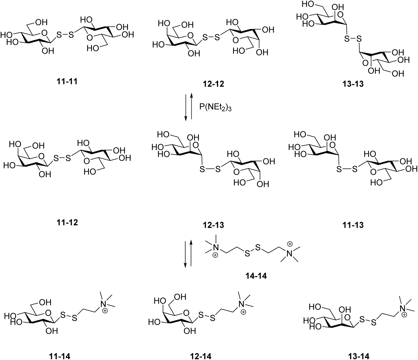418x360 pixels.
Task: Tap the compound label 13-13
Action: [x=353, y=84]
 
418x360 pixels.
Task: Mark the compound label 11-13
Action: [x=353, y=225]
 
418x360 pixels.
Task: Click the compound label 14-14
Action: [x=256, y=276]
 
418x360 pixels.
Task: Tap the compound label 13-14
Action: [x=358, y=356]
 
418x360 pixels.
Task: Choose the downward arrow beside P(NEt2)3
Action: [x=186, y=106]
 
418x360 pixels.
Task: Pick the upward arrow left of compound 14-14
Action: [x=191, y=253]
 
